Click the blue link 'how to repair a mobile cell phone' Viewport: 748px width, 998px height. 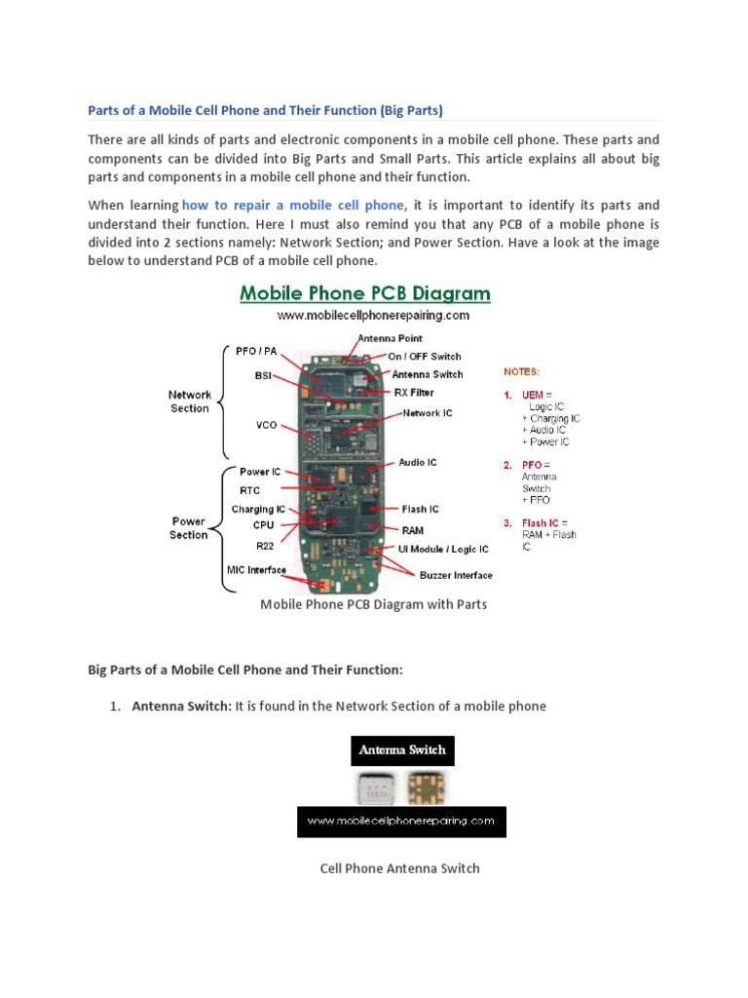292,206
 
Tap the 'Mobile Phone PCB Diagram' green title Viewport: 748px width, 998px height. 365,293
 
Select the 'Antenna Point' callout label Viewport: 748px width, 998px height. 390,338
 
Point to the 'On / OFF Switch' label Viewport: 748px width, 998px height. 425,357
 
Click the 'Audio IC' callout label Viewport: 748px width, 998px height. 418,463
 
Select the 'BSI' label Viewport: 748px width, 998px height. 263,374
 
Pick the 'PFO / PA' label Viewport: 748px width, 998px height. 259,350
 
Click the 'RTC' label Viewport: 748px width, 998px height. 250,490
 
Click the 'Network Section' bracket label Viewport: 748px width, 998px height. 190,402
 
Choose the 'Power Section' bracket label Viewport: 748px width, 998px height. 189,528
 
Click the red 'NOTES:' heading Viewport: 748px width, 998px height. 521,371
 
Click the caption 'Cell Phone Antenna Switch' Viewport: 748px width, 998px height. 399,868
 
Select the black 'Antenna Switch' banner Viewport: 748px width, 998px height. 402,750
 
